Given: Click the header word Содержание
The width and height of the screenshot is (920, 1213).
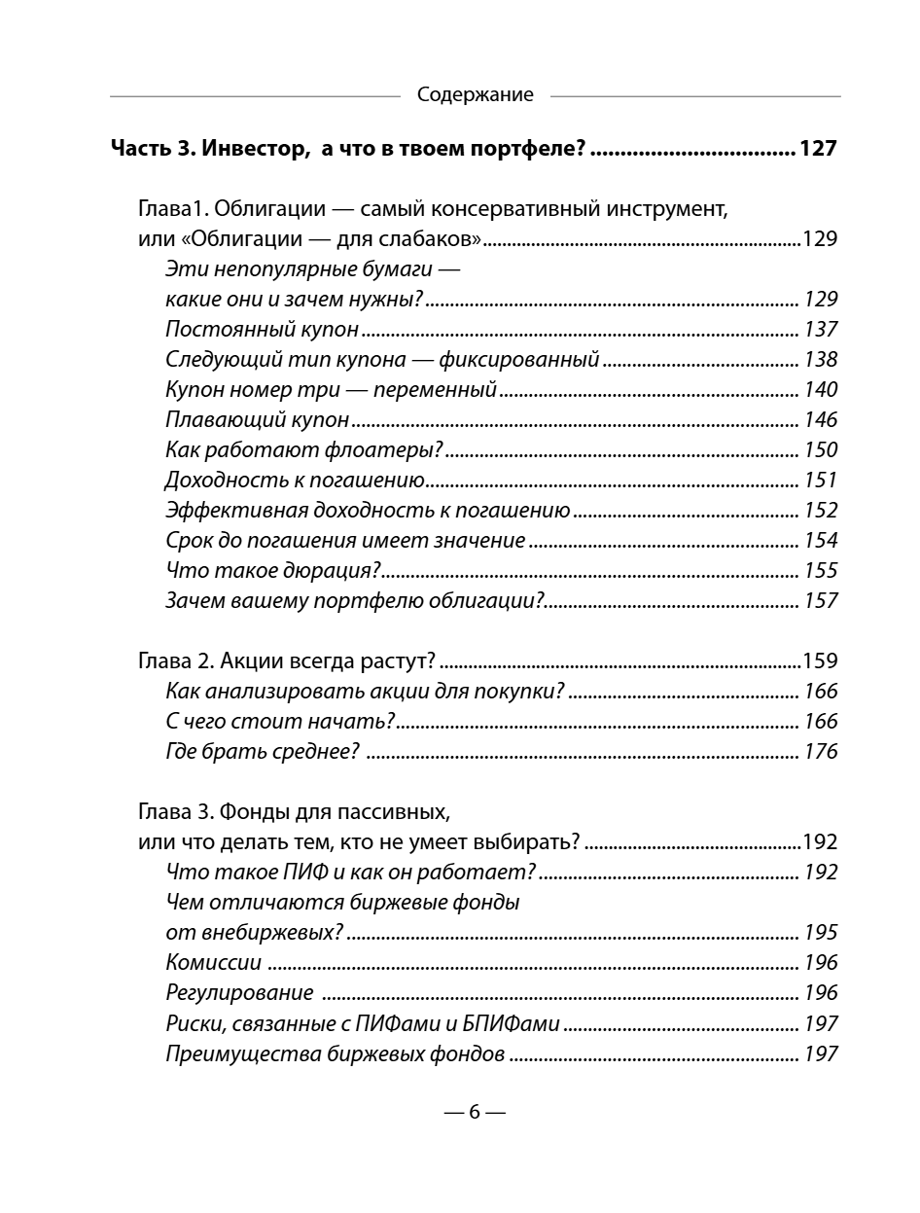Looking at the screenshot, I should (x=475, y=95).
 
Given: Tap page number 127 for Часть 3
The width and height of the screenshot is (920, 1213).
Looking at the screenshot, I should (x=816, y=150).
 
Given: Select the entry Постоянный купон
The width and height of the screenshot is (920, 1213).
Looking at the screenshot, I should (x=263, y=330).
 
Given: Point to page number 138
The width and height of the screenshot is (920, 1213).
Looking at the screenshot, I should (x=820, y=360).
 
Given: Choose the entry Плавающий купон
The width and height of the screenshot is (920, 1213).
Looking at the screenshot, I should (x=258, y=420).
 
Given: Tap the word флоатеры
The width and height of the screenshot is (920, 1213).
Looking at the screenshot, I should (x=393, y=450).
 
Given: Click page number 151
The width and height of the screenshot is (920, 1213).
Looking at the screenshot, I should (x=820, y=481).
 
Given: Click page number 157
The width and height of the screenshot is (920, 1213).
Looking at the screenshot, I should (x=820, y=601).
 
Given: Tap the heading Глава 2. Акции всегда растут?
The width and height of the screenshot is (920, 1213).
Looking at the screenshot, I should (x=287, y=661).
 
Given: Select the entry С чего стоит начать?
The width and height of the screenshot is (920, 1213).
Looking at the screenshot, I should (x=280, y=722).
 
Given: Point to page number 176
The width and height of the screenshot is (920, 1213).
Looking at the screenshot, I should (x=820, y=752).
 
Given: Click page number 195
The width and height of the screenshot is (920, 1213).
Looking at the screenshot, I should (x=820, y=933).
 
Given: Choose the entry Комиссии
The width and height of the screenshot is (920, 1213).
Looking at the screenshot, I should (x=214, y=963).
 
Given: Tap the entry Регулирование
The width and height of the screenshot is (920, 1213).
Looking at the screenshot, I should (x=239, y=993).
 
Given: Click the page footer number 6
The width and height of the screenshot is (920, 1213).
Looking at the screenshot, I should (x=475, y=1113).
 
